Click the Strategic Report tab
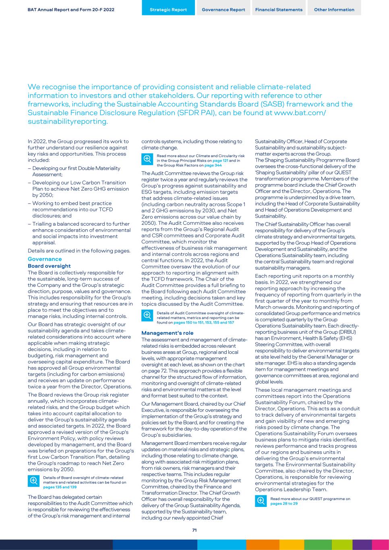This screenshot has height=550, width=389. coord(168,10)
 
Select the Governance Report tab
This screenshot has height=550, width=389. coord(223,10)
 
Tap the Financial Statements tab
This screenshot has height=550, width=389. coord(279,10)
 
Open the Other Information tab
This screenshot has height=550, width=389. coord(334,10)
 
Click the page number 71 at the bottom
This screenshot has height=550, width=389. coord(194,530)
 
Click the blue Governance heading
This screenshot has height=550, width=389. coord(45,259)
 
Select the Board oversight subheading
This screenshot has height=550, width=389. coord(49,266)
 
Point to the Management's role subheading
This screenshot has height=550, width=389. coord(167,333)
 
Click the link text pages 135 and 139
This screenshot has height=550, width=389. coord(60,487)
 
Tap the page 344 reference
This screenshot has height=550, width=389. coord(213,165)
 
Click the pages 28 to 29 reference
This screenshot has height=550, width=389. coord(284,503)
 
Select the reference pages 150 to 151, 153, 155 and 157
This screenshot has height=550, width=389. coord(203,322)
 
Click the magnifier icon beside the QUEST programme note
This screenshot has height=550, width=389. coord(261,501)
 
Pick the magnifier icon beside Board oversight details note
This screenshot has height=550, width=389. coord(33,481)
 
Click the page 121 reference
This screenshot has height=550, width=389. coord(220,160)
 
